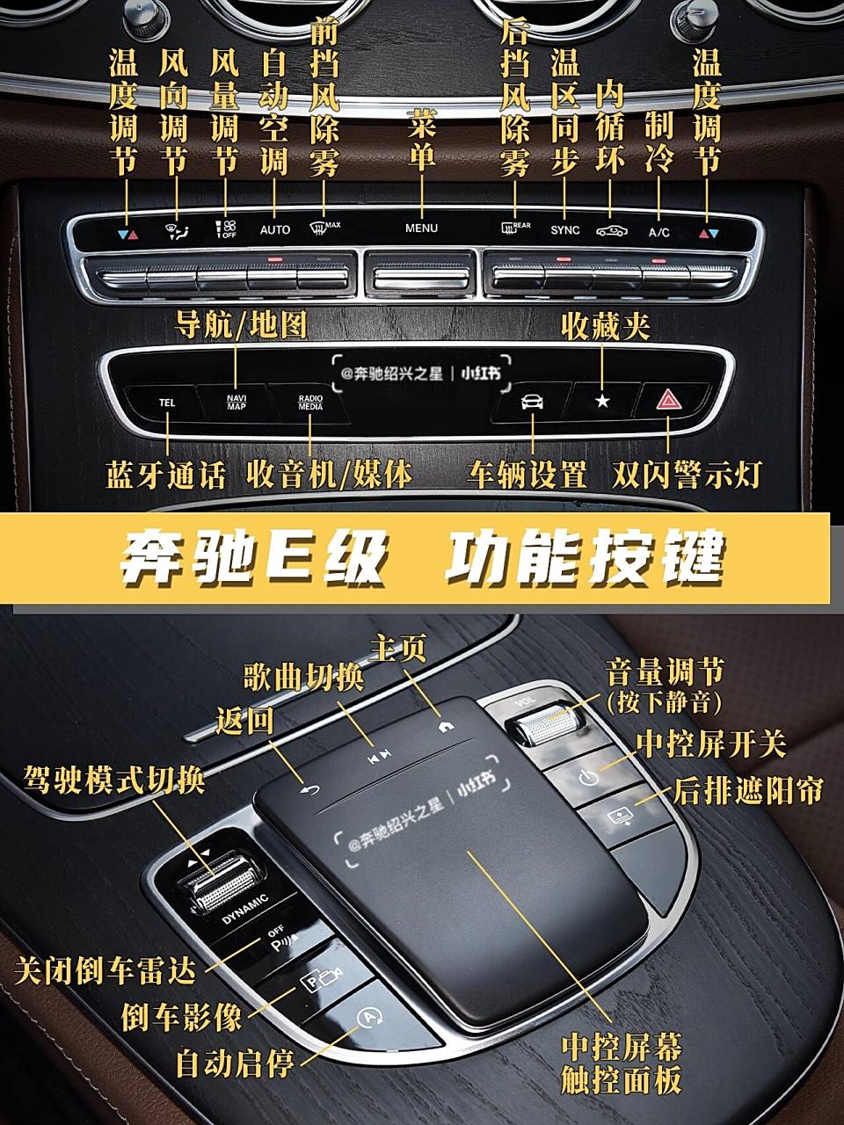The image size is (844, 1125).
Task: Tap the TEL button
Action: point(167,403)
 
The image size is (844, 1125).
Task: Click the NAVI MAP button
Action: point(236,403)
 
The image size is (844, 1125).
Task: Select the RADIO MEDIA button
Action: point(310,403)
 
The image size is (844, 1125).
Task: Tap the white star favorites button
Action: point(602,402)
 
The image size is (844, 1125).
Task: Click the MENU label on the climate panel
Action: point(421,229)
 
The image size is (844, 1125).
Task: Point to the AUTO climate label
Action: point(275,230)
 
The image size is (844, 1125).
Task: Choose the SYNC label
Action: point(565,230)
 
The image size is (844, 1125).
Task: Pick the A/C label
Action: point(658,232)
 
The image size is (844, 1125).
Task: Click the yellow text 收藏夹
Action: point(606,327)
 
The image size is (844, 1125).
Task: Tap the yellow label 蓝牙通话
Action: point(166,475)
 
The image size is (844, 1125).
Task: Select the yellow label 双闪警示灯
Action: point(686,475)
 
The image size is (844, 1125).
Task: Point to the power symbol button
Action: point(588,777)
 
